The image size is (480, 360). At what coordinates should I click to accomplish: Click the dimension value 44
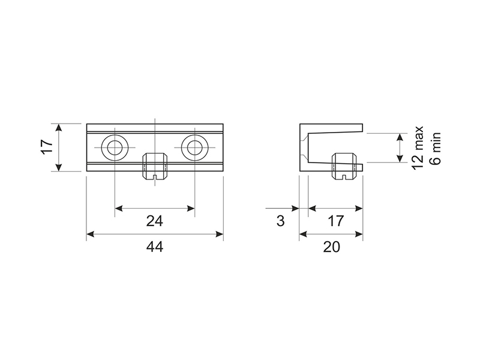(x=155, y=247)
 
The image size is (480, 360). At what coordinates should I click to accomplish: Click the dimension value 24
(x=155, y=221)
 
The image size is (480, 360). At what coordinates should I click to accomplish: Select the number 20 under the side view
(x=332, y=247)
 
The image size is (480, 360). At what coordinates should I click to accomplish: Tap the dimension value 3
(x=280, y=221)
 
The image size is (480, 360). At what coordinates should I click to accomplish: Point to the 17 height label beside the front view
(x=48, y=147)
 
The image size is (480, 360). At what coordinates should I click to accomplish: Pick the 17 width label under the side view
(x=335, y=221)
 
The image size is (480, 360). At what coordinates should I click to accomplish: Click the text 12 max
(x=418, y=148)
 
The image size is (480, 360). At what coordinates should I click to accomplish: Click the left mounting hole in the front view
(x=115, y=148)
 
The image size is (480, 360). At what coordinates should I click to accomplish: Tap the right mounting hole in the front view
(x=194, y=148)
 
